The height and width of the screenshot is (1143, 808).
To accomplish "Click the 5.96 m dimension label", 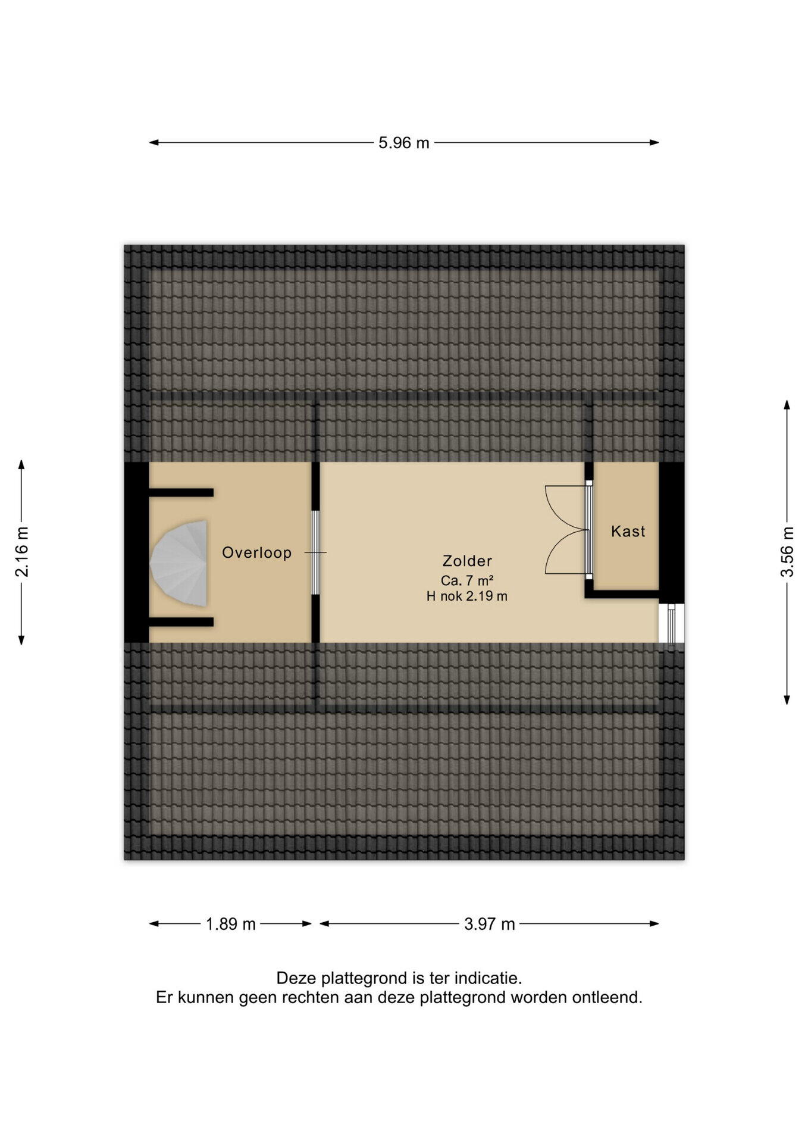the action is click(403, 143).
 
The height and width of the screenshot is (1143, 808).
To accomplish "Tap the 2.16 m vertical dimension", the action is click(22, 552).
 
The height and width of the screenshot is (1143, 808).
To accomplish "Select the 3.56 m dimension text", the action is click(787, 552).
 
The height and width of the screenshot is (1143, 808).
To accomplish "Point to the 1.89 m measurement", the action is click(230, 924).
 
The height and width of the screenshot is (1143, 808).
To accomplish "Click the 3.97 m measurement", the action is click(489, 924).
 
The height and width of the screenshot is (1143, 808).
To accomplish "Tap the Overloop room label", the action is click(256, 553).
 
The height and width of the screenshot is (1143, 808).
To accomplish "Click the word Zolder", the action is click(467, 561).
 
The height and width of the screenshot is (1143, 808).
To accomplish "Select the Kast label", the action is click(628, 531).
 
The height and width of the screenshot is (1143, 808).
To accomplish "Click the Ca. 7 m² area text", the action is click(467, 580).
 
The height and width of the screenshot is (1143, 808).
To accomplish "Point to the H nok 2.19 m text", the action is click(467, 596).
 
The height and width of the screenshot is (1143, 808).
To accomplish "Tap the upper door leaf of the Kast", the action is click(565, 507).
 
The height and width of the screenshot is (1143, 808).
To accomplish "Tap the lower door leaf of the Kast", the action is click(565, 552).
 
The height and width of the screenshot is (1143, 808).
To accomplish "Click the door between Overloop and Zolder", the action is click(315, 552).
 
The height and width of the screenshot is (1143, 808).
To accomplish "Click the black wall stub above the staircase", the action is click(181, 492).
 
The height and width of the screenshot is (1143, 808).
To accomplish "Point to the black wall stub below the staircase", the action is click(181, 622).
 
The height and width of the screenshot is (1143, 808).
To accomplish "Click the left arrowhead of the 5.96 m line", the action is click(154, 143).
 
